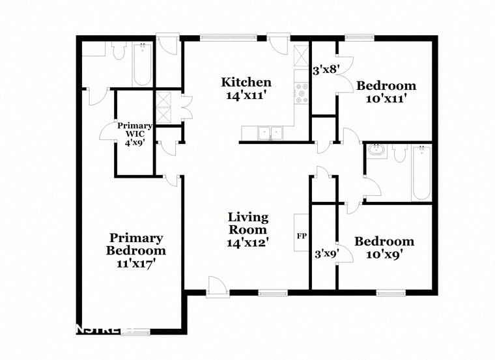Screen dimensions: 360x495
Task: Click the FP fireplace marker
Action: pyautogui.click(x=302, y=236)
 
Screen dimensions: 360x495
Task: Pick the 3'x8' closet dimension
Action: pyautogui.click(x=326, y=69)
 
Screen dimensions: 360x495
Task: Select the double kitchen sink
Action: pyautogui.click(x=270, y=133)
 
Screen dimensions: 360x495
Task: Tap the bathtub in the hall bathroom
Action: pyautogui.click(x=421, y=172)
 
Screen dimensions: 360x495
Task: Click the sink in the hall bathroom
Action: pyautogui.click(x=375, y=151)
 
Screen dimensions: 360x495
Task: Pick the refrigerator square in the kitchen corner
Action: pyautogui.click(x=301, y=56)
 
